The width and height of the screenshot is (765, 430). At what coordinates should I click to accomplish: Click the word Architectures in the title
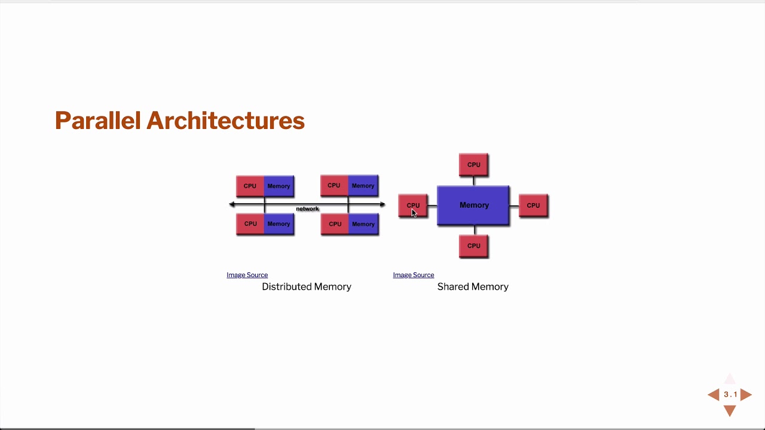226,121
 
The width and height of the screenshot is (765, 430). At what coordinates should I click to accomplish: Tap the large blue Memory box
473,205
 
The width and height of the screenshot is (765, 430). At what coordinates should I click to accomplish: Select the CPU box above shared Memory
473,164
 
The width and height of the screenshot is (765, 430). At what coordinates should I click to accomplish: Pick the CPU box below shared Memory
473,245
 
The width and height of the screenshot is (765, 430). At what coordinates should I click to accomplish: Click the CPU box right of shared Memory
533,205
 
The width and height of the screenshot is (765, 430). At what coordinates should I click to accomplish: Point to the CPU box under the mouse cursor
413,205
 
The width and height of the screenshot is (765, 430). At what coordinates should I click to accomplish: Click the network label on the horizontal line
307,208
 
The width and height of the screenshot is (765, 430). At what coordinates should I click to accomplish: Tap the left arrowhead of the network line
232,204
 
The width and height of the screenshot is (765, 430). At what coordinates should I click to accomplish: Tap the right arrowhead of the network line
382,204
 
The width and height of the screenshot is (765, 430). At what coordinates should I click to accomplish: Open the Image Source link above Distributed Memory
247,275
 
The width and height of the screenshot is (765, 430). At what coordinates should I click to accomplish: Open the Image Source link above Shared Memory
413,275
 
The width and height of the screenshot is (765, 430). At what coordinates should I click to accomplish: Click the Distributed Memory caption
306,287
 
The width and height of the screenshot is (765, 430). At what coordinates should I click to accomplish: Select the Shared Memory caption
473,287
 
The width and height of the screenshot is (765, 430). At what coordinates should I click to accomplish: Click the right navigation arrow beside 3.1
746,394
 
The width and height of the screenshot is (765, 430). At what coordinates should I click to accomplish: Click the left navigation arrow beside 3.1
714,394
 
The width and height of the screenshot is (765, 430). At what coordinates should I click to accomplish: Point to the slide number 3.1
730,394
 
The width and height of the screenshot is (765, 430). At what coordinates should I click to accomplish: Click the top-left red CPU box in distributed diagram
250,186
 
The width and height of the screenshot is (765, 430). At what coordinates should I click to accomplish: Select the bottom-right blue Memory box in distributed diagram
363,224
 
